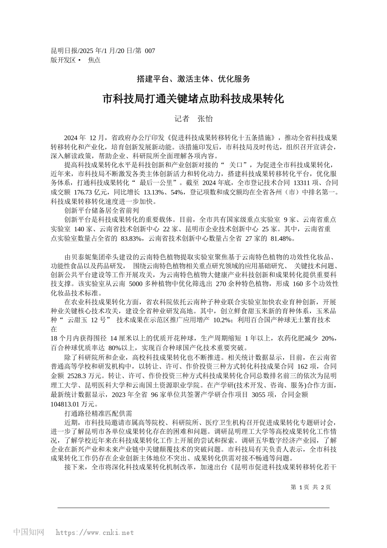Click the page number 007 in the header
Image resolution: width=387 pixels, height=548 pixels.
[150, 51]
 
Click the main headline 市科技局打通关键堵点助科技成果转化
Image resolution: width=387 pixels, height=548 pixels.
[193, 99]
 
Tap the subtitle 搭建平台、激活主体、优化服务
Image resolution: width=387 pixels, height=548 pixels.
[193, 79]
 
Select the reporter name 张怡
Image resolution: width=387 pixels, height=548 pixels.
[205, 119]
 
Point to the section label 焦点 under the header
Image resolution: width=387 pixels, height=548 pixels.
[94, 60]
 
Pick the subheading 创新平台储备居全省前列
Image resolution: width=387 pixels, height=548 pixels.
[101, 210]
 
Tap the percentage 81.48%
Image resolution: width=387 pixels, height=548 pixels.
[282, 238]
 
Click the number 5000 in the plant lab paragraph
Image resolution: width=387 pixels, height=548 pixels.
[137, 284]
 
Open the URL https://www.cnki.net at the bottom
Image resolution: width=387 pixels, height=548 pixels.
[94, 533]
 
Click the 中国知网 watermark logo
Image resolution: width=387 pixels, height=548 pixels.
[29, 532]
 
